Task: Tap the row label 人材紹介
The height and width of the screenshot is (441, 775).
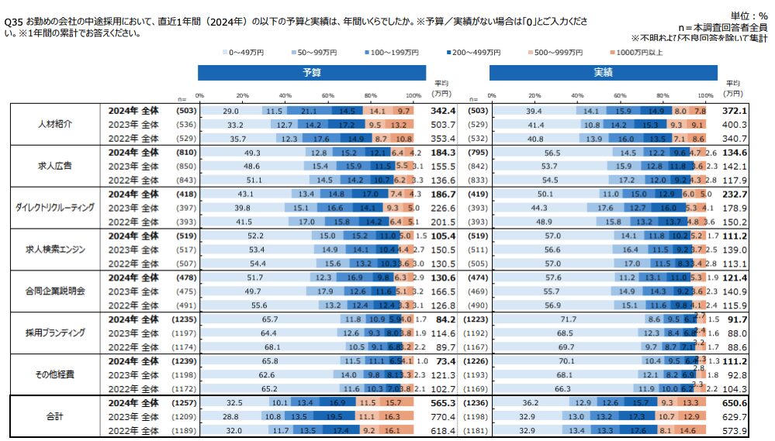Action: (55, 124)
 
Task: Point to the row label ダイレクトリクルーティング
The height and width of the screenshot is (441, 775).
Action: (55, 208)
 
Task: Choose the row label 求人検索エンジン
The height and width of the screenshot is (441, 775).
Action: (55, 250)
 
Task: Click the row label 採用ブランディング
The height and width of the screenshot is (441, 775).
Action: (55, 333)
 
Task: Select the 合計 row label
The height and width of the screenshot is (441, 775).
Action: (55, 417)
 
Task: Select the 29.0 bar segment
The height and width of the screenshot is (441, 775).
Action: (230, 111)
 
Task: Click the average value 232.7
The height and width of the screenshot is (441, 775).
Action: (735, 195)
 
